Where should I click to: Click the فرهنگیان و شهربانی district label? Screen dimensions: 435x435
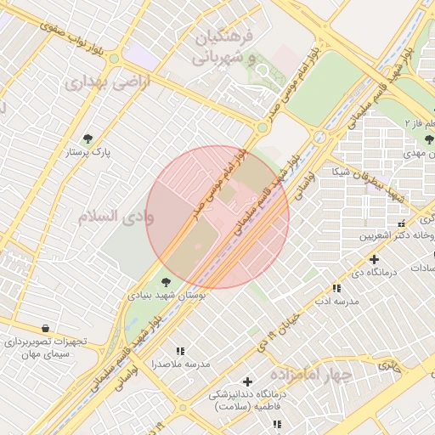pyautogui.click(x=223, y=48)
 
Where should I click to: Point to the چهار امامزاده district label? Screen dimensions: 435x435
pyautogui.click(x=311, y=374)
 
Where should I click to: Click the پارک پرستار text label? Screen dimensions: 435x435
pyautogui.click(x=89, y=153)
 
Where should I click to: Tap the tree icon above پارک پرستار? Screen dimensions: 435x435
pyautogui.click(x=88, y=138)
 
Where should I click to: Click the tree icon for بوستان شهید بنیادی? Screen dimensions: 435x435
pyautogui.click(x=165, y=281)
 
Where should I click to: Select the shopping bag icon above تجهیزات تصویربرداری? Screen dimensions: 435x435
pyautogui.click(x=44, y=328)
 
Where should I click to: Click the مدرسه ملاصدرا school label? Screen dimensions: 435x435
pyautogui.click(x=180, y=364)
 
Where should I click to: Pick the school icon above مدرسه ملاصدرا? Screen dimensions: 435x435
pyautogui.click(x=180, y=350)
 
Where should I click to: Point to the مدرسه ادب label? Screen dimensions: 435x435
pyautogui.click(x=337, y=302)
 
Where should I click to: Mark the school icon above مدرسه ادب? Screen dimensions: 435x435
pyautogui.click(x=337, y=288)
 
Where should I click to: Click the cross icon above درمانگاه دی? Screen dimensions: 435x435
pyautogui.click(x=374, y=258)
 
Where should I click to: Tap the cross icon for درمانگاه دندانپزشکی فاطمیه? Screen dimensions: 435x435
pyautogui.click(x=247, y=381)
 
